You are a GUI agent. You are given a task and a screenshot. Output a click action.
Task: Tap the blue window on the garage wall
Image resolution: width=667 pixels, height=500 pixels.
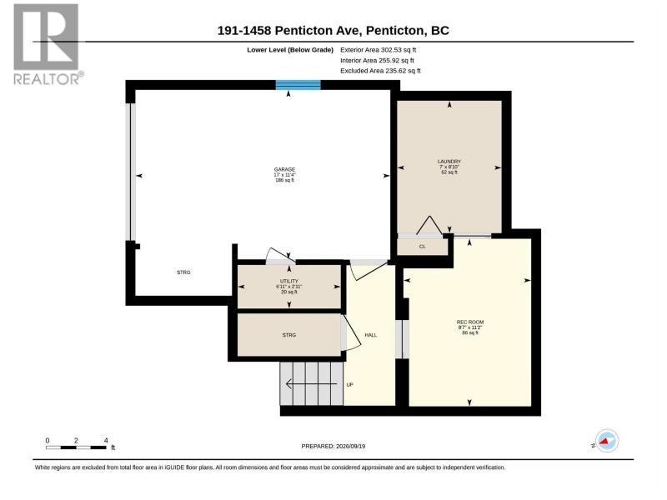[x=298, y=85]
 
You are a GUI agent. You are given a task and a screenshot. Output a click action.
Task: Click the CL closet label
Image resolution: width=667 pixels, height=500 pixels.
[x=423, y=247]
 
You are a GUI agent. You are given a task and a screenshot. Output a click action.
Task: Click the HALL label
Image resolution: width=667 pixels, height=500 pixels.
[x=370, y=335]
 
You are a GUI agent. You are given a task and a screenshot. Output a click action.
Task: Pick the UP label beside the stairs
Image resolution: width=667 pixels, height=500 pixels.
[x=349, y=385]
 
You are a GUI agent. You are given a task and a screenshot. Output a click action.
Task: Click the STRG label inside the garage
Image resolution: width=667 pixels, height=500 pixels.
[x=183, y=272]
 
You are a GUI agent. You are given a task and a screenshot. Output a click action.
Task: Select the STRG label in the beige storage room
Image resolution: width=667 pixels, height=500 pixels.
[x=288, y=335]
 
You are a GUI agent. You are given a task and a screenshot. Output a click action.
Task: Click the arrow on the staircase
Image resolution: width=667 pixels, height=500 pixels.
[x=312, y=384]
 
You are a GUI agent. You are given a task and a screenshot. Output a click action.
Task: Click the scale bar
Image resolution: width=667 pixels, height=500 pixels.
[x=76, y=447]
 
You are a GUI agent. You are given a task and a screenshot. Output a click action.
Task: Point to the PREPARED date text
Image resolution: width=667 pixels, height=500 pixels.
[x=333, y=446]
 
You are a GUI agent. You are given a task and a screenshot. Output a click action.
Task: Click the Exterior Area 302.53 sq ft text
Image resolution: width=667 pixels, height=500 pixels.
[x=379, y=50]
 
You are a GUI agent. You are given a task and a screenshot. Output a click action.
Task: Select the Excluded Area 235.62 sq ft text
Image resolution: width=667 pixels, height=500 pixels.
[x=380, y=71]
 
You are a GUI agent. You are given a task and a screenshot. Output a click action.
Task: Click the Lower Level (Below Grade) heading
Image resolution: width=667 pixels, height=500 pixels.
[x=290, y=50]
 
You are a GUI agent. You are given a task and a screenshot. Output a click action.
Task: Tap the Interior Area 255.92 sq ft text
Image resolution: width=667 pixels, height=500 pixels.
[x=377, y=60]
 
